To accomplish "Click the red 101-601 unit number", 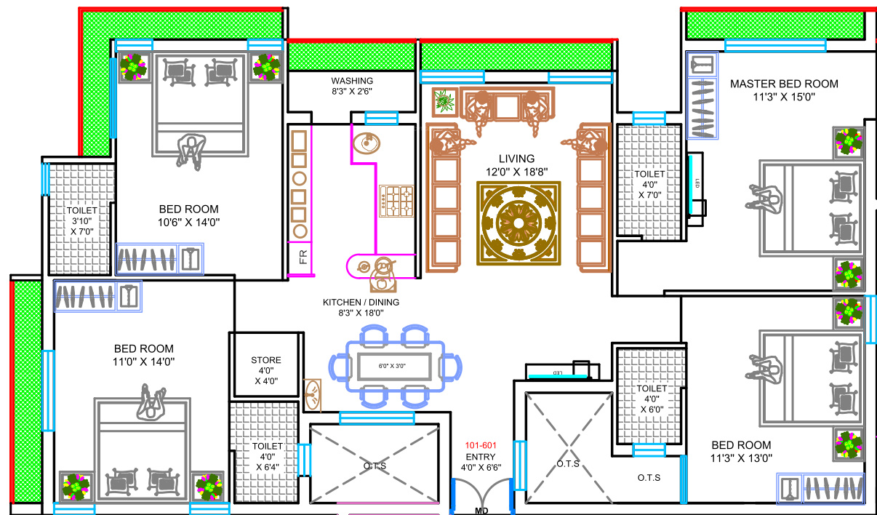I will pos(481,444).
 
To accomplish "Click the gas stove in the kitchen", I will pos(396,201).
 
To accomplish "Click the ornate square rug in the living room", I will pos(518,223).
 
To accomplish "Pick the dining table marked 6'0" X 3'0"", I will pos(393,365).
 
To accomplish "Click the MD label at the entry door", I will pos(481,511).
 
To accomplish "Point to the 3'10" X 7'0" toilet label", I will pos(83,220).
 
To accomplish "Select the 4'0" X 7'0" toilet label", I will pos(649,185).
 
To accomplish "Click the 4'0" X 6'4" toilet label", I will pos(268,457).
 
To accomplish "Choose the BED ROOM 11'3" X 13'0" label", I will pos(741,451).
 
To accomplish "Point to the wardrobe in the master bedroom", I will pos(702,95).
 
